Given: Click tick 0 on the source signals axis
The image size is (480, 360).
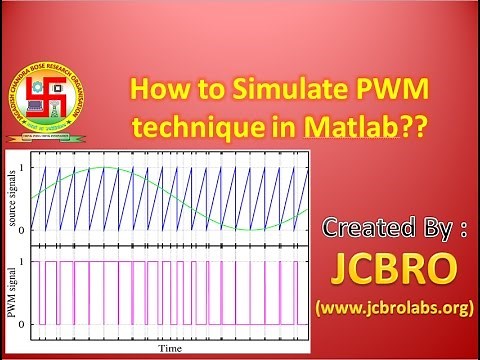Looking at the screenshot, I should (28, 230).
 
